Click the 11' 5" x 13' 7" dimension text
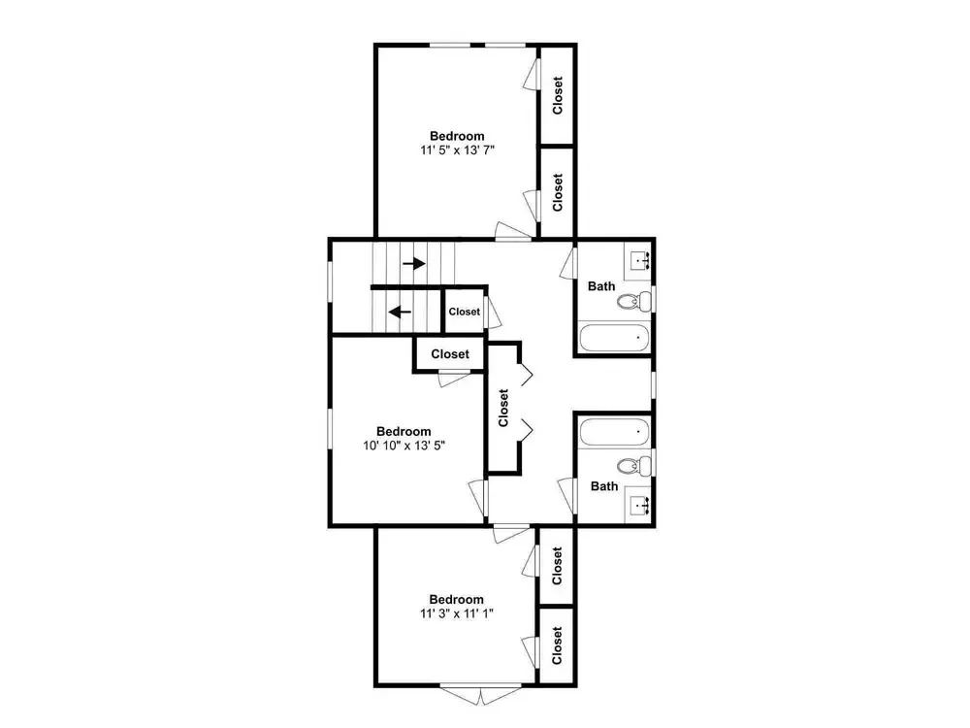(457, 150)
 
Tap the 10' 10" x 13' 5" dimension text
(404, 446)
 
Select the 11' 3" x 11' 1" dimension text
(457, 613)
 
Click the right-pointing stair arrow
(414, 264)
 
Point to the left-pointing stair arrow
(401, 312)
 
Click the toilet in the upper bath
(634, 302)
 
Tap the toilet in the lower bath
(634, 466)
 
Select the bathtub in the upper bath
(614, 338)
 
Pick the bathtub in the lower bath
(614, 432)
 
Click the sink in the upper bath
(640, 260)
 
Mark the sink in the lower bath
(640, 507)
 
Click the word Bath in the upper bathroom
(601, 286)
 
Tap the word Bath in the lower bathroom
(604, 486)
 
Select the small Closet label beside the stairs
(464, 312)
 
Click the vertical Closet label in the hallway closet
(503, 408)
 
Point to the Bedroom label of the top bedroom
(457, 136)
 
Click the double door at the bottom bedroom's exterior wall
(481, 694)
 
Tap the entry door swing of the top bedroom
(513, 231)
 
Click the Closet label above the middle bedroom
(450, 354)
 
